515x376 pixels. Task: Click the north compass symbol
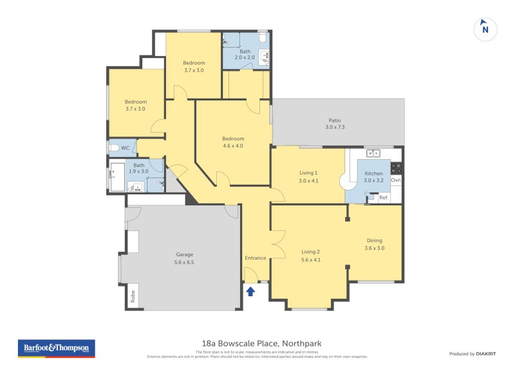point(485,29)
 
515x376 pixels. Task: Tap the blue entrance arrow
point(250,292)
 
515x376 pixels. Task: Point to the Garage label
point(185,254)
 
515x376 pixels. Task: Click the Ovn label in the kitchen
point(396,180)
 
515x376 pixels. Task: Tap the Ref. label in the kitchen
point(383,198)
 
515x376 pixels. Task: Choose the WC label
point(126,148)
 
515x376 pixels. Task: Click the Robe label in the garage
point(133,296)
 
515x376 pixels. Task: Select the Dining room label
point(374,241)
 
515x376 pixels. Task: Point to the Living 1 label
point(308,173)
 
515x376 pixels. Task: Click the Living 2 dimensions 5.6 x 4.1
point(310,259)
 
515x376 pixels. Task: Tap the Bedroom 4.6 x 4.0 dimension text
point(233,146)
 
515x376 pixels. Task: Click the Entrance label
point(255,258)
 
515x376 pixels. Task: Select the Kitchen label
point(373,174)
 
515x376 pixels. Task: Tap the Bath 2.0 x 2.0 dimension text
point(245,58)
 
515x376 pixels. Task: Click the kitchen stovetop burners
point(397,168)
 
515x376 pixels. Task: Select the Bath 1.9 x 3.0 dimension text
point(139,171)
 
